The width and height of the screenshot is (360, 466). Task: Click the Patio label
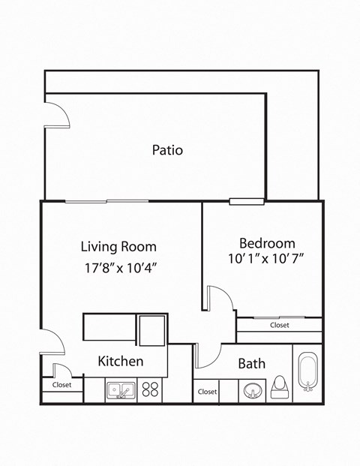(x=167, y=150)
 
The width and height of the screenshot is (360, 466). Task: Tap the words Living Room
(x=118, y=246)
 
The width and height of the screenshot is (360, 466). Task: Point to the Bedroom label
(x=266, y=243)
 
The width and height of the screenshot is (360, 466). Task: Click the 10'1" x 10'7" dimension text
(x=266, y=260)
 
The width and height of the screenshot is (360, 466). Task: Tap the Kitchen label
(x=121, y=362)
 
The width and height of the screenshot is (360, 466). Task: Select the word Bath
(x=251, y=364)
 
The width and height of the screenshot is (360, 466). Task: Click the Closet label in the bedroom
(x=280, y=325)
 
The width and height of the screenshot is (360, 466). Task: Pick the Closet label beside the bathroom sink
(x=207, y=392)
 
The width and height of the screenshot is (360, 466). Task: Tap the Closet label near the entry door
(x=61, y=385)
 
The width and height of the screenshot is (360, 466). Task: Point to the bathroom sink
(x=251, y=390)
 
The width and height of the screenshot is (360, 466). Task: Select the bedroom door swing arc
(x=221, y=299)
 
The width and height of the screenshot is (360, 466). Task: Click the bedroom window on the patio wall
(x=246, y=200)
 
